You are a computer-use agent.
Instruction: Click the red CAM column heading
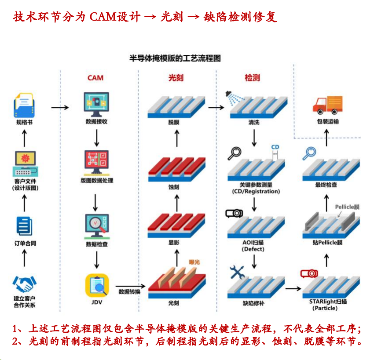pyautogui.click(x=95, y=78)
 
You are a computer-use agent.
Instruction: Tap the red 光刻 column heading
pyautogui.click(x=176, y=78)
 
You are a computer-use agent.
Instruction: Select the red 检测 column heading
pyautogui.click(x=252, y=78)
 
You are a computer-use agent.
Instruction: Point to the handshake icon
pyautogui.click(x=24, y=284)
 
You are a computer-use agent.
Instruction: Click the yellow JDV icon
pyautogui.click(x=97, y=285)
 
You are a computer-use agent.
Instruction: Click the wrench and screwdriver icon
pyautogui.click(x=237, y=272)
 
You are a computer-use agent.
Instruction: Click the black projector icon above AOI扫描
pyautogui.click(x=234, y=214)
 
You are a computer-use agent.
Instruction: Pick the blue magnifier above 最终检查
pyautogui.click(x=309, y=153)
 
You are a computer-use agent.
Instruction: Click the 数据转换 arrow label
pyautogui.click(x=129, y=291)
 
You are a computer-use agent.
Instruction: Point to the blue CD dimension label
pyautogui.click(x=275, y=146)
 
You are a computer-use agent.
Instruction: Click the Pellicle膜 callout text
pyautogui.click(x=347, y=207)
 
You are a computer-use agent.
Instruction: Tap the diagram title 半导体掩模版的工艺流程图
pyautogui.click(x=175, y=58)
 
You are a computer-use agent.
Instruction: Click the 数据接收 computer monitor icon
pyautogui.click(x=96, y=104)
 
